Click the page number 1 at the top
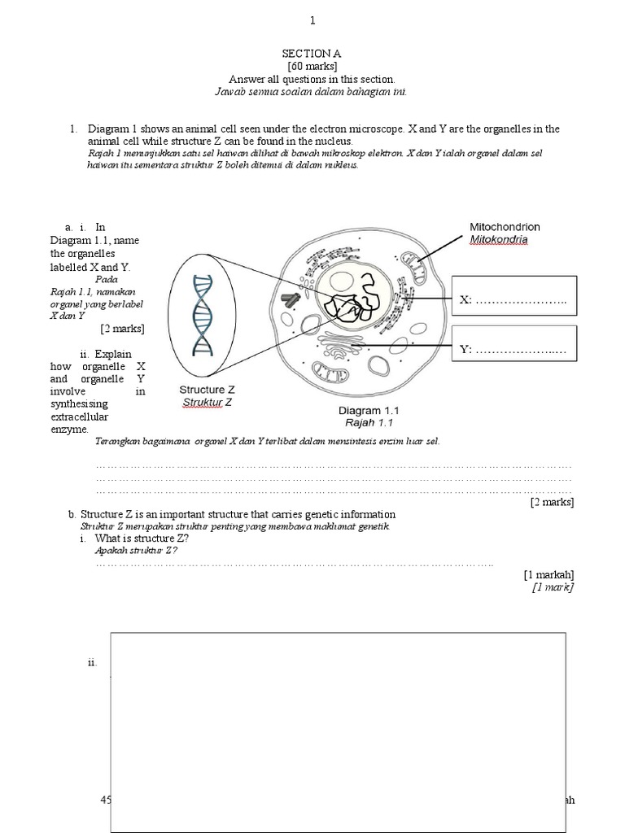coord(312,20)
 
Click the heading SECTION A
coord(312,53)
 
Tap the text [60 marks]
coord(312,66)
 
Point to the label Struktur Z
coord(207,402)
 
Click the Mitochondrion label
coord(505,227)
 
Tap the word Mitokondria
coord(498,239)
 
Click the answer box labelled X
coord(514,300)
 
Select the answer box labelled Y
coord(514,349)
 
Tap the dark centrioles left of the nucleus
coord(290,300)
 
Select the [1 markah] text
coord(549,574)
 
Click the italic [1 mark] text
coord(553,587)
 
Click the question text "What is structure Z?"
coord(142,539)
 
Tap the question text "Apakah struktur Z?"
coord(136,551)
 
